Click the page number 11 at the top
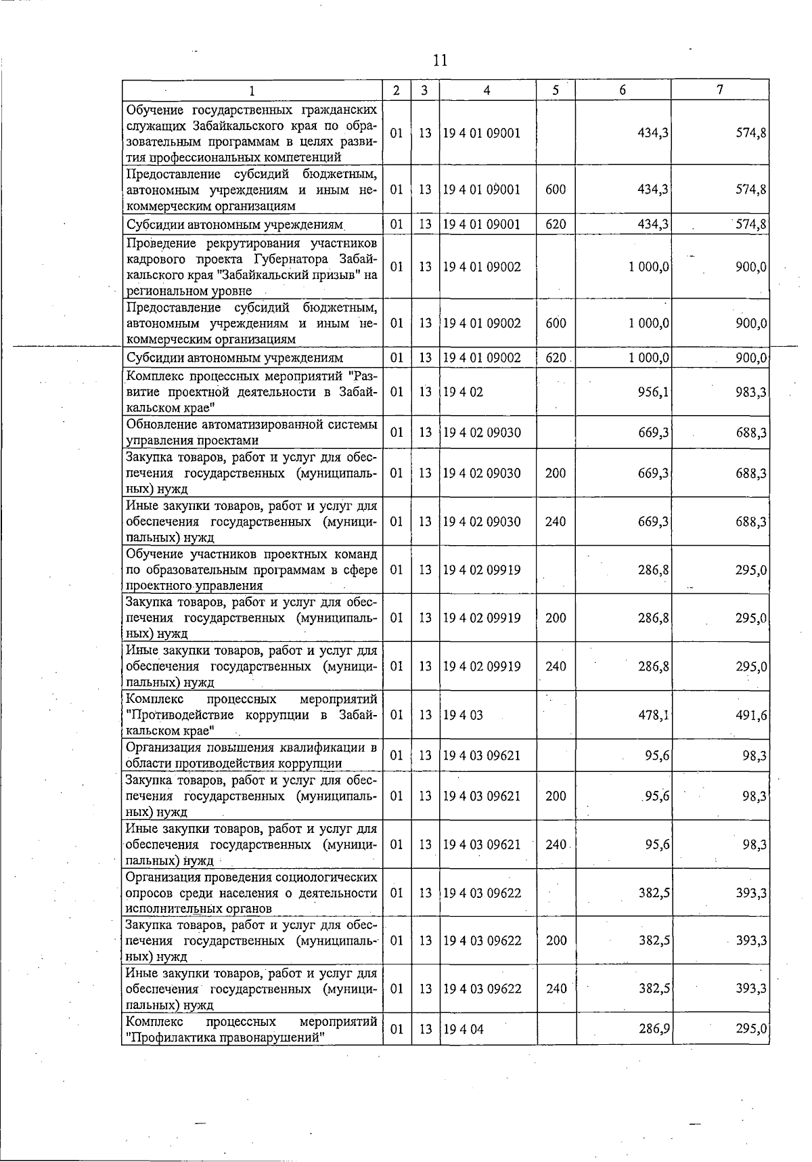click(440, 61)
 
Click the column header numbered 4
click(487, 91)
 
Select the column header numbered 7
click(721, 90)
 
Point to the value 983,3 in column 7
click(751, 392)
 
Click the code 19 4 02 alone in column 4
click(463, 392)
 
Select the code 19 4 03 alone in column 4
click(463, 715)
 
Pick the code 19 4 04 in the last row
click(464, 1029)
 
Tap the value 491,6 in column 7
click(751, 715)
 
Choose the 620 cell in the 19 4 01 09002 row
click(556, 358)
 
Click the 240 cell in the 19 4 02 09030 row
click(556, 522)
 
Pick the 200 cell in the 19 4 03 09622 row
click(556, 941)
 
